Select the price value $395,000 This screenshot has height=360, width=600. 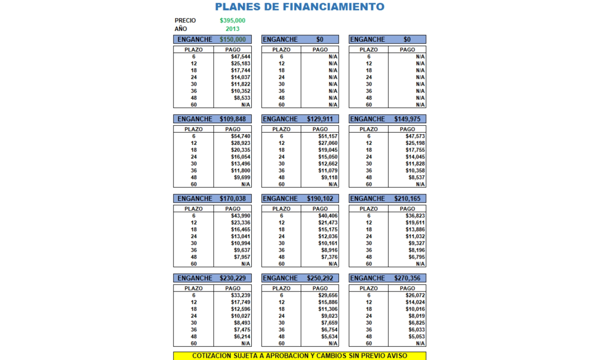pos(232,21)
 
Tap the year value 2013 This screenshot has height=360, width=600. pos(232,29)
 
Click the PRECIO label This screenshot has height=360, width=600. pos(185,21)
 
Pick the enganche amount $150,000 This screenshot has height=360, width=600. pos(233,39)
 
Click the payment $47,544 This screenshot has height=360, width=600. pos(240,57)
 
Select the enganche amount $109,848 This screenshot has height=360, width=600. pos(232,119)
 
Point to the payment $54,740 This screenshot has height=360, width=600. pos(240,136)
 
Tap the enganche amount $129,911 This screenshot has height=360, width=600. pos(320,119)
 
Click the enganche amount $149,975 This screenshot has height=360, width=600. pos(407,119)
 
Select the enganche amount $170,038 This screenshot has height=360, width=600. pos(232,199)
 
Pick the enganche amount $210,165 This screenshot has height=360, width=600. pos(407,199)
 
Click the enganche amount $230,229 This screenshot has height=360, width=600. pos(232,278)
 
